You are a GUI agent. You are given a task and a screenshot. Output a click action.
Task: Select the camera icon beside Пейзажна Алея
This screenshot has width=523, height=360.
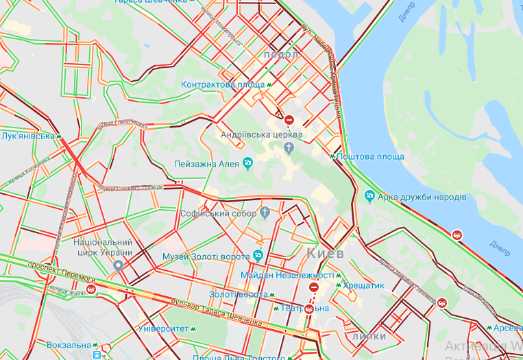tap(248, 163)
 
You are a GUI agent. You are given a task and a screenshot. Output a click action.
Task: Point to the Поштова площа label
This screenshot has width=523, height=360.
tap(370, 157)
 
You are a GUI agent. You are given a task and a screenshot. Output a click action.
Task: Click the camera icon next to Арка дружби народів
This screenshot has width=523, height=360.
tap(370, 197)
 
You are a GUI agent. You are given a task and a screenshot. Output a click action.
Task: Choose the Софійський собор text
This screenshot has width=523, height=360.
tap(218, 213)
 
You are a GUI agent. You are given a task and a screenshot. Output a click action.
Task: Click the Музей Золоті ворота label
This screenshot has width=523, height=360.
tap(206, 256)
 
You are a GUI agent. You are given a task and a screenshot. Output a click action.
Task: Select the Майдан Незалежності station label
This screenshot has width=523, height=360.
tap(287, 275)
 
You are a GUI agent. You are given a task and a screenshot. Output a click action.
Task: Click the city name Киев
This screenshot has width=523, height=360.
tap(323, 253)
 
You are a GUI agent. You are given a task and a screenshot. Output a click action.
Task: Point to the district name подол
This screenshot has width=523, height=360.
tap(280, 54)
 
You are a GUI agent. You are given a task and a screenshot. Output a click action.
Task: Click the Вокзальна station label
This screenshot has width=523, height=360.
tap(69, 345)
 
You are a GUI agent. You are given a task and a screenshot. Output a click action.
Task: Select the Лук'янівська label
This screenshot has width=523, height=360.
tap(27, 136)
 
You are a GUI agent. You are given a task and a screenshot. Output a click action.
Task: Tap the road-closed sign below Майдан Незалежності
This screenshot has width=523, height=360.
tap(314, 287)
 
